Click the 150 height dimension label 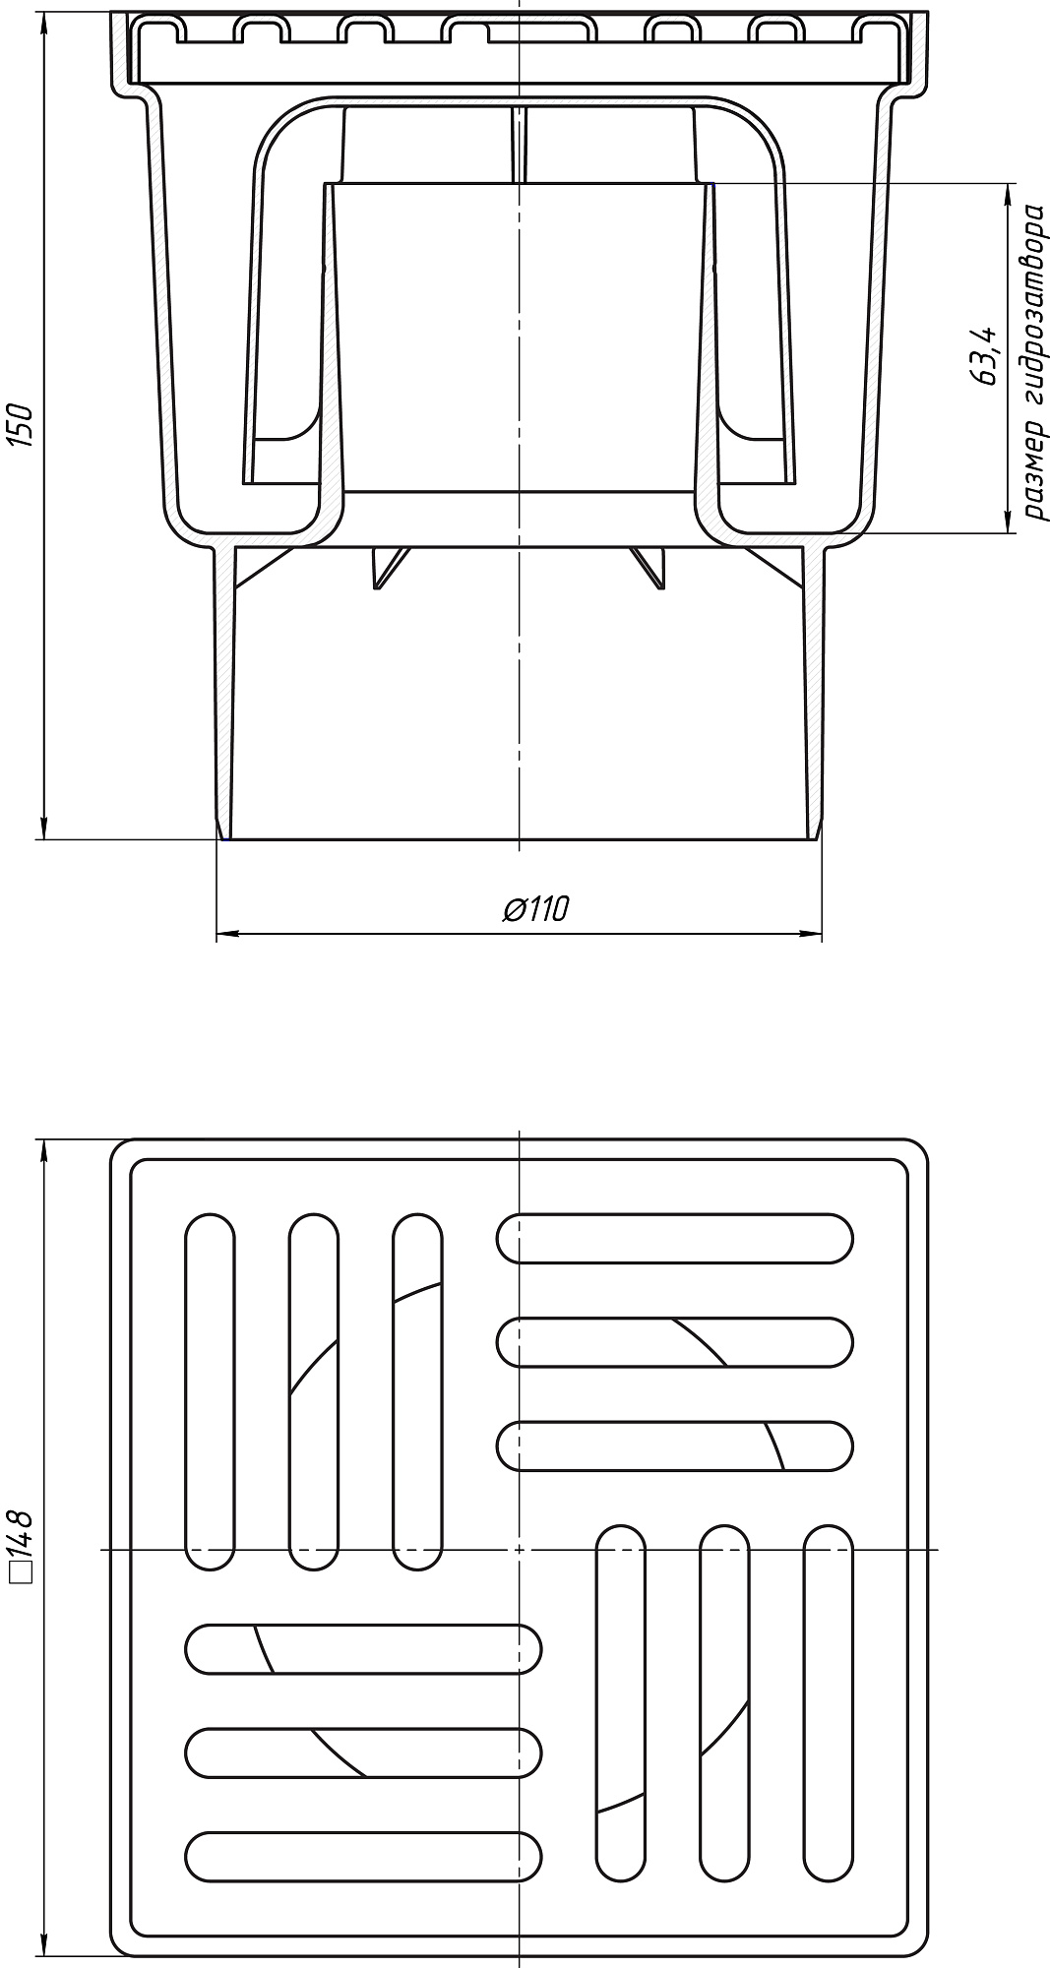[24, 424]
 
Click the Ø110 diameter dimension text [536, 908]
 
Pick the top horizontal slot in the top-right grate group [675, 1239]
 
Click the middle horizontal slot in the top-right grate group [675, 1342]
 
